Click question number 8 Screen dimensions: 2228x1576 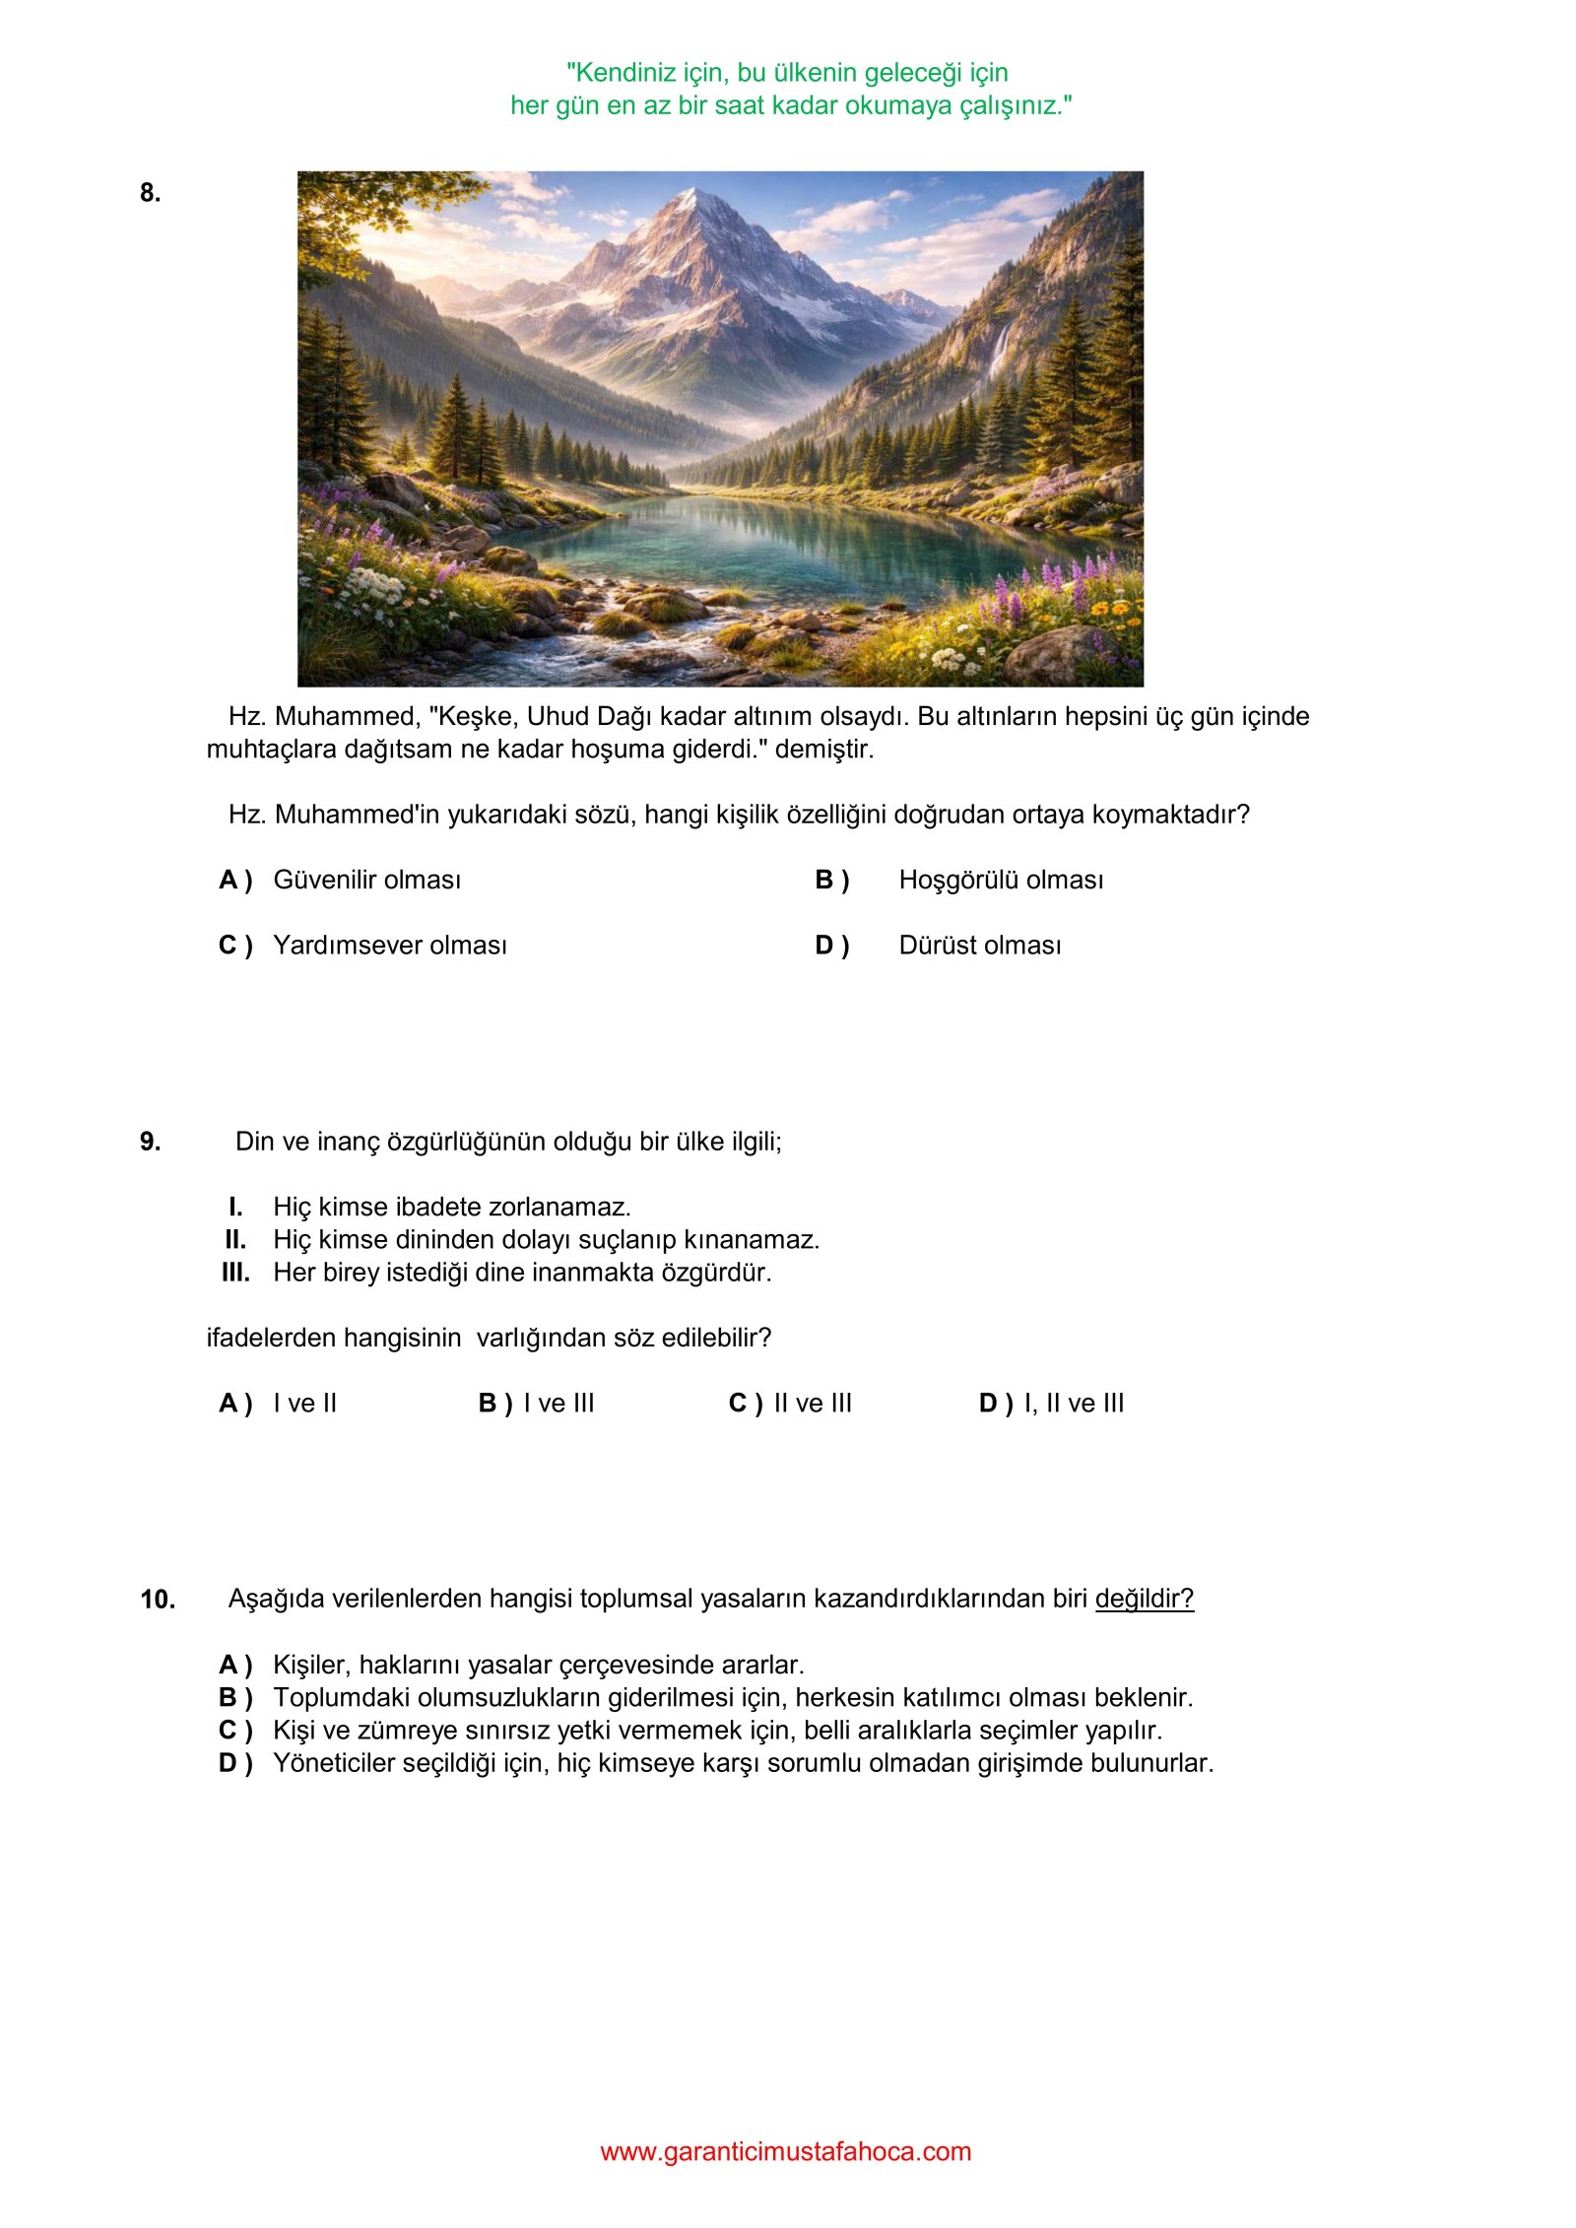pyautogui.click(x=150, y=193)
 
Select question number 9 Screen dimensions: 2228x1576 pyautogui.click(x=150, y=1142)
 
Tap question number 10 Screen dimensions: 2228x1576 pyautogui.click(x=158, y=1600)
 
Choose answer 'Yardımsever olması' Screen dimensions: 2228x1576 pyautogui.click(x=389, y=946)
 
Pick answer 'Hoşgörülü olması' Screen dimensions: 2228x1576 pyautogui.click(x=1000, y=881)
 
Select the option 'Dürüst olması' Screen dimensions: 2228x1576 pyautogui.click(x=979, y=946)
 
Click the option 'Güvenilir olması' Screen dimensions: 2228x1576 pyautogui.click(x=366, y=881)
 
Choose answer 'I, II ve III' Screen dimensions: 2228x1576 pyautogui.click(x=1073, y=1404)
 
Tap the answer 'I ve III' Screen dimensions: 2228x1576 pyautogui.click(x=558, y=1404)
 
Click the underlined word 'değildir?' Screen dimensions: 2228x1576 pyautogui.click(x=1144, y=1599)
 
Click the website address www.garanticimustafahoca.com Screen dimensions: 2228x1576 pyautogui.click(x=786, y=2151)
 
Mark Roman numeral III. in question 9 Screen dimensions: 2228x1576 pyautogui.click(x=235, y=1273)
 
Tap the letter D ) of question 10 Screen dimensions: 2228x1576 pyautogui.click(x=235, y=1763)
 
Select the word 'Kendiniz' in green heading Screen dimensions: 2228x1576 pyautogui.click(x=624, y=73)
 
